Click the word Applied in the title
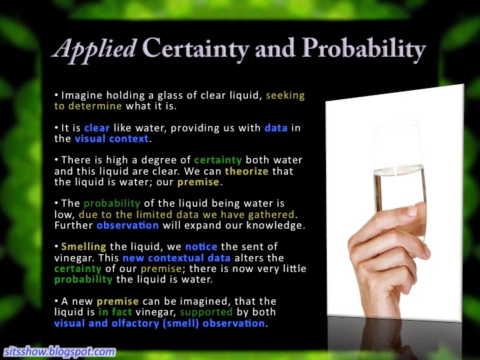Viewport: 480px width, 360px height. tap(95, 49)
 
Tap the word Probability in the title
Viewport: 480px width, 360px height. tap(364, 49)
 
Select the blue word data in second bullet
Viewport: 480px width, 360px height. tap(276, 127)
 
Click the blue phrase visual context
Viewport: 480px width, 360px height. tap(112, 139)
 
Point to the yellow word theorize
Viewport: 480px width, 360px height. tap(247, 171)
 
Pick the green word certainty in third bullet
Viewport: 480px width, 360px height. tap(218, 160)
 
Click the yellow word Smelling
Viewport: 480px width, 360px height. tap(83, 247)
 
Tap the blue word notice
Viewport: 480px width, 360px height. tap(201, 247)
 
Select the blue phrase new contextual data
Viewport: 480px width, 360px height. tap(177, 258)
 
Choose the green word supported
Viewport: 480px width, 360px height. tap(206, 312)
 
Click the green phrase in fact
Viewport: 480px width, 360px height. tap(115, 312)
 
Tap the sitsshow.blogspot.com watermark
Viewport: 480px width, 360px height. tap(60, 351)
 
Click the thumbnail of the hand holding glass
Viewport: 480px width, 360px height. tap(395, 203)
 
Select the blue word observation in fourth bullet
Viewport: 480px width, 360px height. tap(127, 225)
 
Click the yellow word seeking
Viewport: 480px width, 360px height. tap(285, 95)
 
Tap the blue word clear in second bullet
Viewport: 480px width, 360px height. tap(97, 127)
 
